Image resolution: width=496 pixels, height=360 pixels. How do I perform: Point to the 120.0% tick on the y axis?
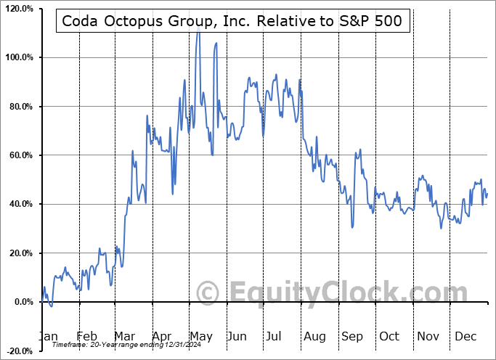pyautogui.click(x=18, y=9)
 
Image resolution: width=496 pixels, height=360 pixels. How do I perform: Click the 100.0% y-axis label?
pyautogui.click(x=18, y=57)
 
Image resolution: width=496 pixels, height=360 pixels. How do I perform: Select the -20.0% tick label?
pyautogui.click(x=18, y=351)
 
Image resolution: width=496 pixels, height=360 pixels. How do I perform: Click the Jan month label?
pyautogui.click(x=49, y=337)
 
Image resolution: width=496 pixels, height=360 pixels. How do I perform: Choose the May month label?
pyautogui.click(x=201, y=337)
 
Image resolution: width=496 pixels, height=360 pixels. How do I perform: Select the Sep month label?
pyautogui.click(x=352, y=337)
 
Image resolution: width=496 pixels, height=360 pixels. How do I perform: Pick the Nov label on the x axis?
pyautogui.click(x=428, y=337)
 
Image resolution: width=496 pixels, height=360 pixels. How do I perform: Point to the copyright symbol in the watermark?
pyautogui.click(x=209, y=293)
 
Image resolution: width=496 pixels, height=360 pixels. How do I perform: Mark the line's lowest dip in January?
pyautogui.click(x=51, y=306)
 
